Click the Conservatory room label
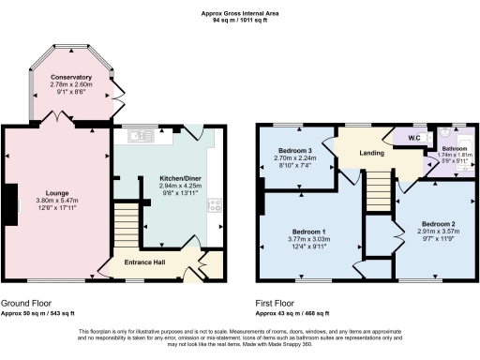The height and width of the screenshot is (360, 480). pos(71,77)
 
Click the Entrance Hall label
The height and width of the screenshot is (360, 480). pos(145,262)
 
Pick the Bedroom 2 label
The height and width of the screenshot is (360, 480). pos(437,224)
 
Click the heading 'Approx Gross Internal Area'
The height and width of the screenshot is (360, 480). pos(239,12)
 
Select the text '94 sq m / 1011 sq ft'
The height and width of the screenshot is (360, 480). pos(239,20)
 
